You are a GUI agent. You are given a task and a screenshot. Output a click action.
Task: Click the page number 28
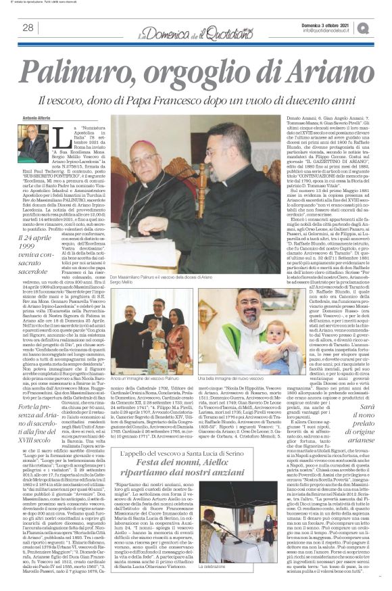29,28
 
